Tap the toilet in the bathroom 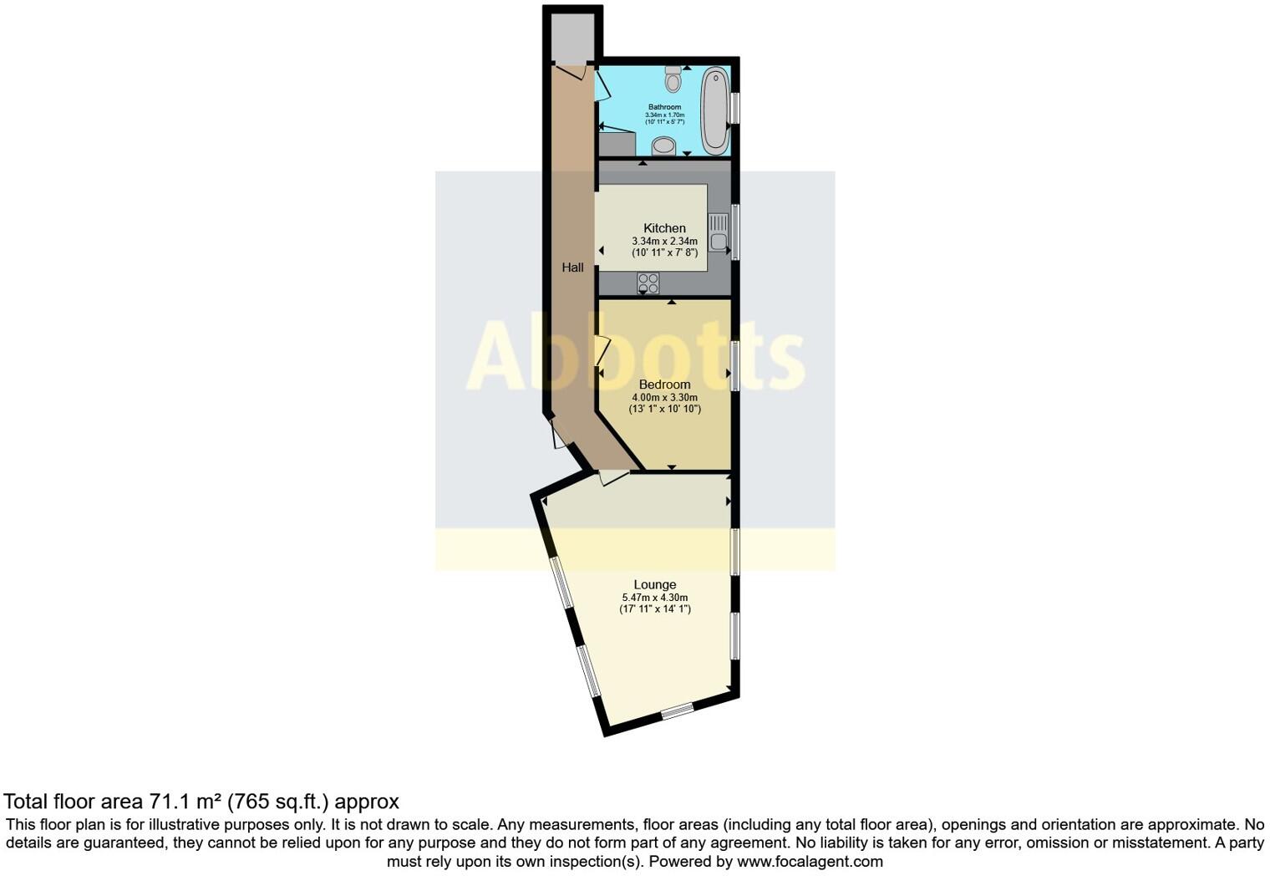[674, 79]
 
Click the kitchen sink [719, 233]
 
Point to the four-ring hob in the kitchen [648, 283]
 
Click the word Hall [572, 267]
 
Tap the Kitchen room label [664, 228]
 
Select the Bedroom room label [664, 385]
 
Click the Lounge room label [655, 585]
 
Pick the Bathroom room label [665, 107]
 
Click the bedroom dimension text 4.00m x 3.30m [664, 397]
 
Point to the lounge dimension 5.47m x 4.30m [655, 598]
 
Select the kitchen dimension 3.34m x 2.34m [664, 241]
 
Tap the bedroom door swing [602, 351]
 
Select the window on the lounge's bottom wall [678, 711]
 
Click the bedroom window [734, 365]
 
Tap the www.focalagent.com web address [810, 861]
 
